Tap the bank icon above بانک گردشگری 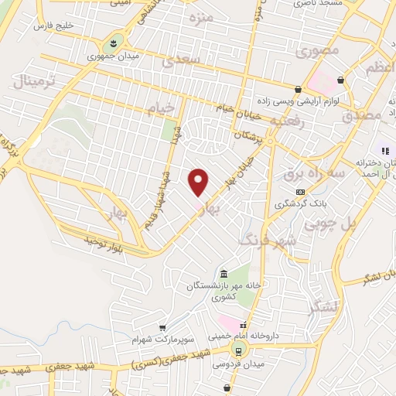coord(299,192)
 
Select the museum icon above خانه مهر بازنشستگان coord(224,275)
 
